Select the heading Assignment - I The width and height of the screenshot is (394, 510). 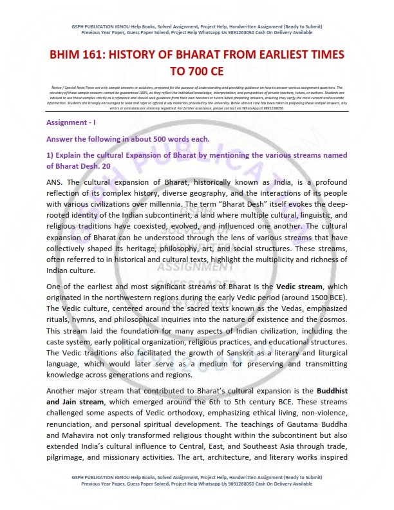pyautogui.click(x=72, y=122)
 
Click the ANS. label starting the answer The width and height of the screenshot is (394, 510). pyautogui.click(x=56, y=183)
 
